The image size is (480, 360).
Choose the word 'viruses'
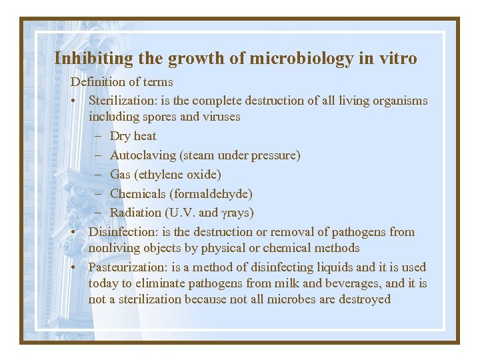click(219, 117)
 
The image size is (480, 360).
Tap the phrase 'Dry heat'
click(133, 136)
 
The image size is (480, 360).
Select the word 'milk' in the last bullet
click(287, 283)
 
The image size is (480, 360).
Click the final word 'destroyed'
click(362, 299)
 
